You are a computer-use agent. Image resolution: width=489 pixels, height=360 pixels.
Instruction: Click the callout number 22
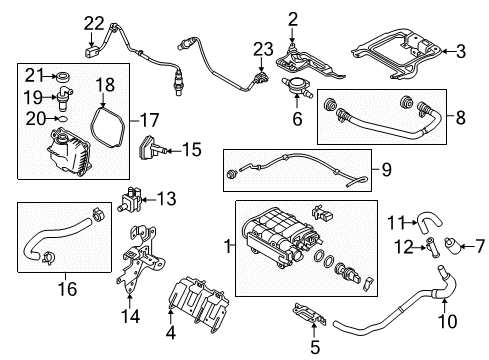pyautogui.click(x=93, y=24)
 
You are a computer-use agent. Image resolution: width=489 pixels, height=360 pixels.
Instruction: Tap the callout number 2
pyautogui.click(x=292, y=17)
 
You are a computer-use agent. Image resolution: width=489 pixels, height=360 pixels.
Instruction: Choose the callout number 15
pyautogui.click(x=190, y=150)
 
